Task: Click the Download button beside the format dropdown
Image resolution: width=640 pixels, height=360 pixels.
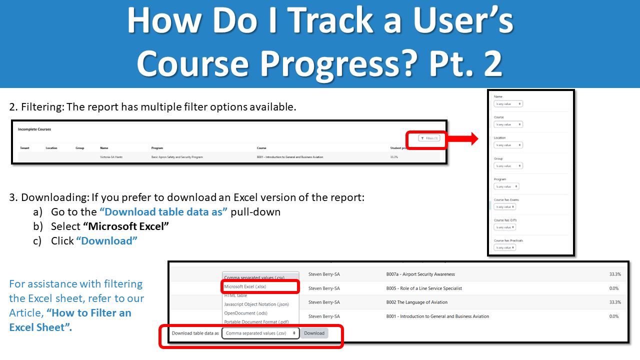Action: (314, 333)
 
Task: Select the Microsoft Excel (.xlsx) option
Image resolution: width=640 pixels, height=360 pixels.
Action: (245, 286)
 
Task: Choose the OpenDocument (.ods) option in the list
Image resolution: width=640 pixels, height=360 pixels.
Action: (245, 313)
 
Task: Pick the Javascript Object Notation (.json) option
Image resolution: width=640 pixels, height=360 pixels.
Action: (256, 304)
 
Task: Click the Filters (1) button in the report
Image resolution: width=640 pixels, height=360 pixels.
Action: (429, 138)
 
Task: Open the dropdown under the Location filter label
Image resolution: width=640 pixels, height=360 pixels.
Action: (508, 145)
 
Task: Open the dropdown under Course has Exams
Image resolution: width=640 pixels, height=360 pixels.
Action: (504, 206)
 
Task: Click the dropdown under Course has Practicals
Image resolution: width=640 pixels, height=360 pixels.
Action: (504, 247)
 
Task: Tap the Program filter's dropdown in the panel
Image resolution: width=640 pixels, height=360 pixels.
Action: (506, 186)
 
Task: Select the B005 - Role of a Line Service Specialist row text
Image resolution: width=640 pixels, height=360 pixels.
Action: (423, 288)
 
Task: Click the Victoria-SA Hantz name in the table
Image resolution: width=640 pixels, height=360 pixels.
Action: (111, 157)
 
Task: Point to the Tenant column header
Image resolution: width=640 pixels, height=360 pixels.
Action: (24, 148)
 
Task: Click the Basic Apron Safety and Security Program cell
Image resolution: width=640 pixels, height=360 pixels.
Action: (177, 157)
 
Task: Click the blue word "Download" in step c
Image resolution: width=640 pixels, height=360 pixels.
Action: (106, 240)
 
